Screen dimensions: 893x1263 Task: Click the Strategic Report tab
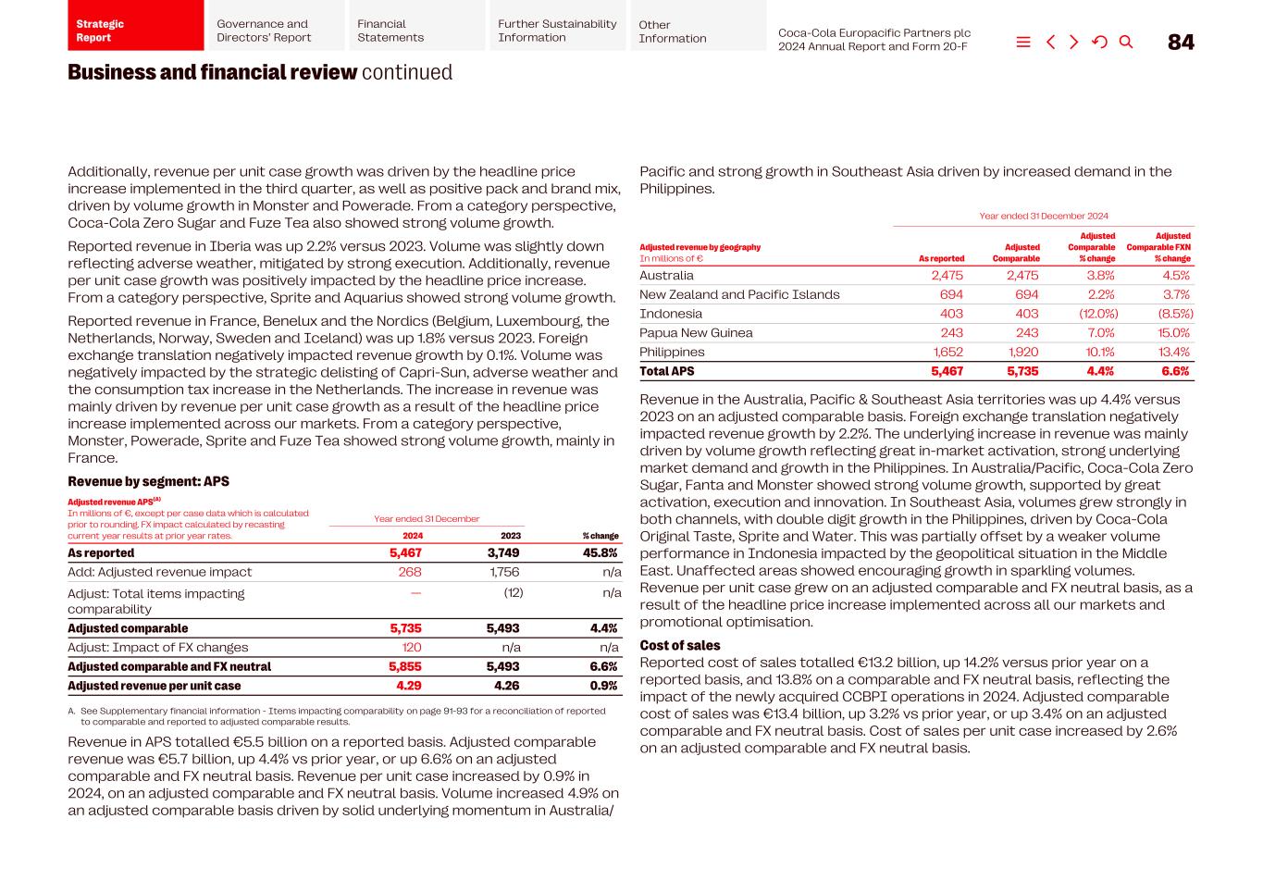(135, 31)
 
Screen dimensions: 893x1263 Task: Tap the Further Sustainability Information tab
(557, 31)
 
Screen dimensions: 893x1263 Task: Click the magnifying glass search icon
(1125, 43)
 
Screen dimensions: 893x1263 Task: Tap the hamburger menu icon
(1022, 43)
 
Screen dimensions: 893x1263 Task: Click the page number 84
(1180, 43)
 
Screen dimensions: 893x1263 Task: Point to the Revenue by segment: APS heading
(148, 481)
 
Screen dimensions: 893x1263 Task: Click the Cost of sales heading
(679, 646)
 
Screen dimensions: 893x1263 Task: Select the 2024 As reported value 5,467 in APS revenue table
(405, 553)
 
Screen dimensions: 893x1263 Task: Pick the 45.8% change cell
(600, 553)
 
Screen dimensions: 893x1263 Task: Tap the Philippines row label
(672, 352)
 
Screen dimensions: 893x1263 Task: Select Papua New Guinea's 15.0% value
(1173, 333)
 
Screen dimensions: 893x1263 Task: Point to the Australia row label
(666, 276)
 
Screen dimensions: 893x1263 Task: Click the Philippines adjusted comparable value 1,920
(1023, 352)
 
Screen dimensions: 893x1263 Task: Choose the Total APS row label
(666, 371)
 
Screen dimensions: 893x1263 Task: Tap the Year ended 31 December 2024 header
(1043, 216)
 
